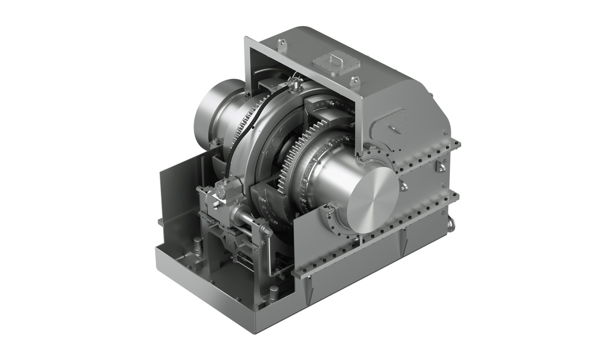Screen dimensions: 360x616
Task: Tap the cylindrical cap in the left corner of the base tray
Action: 198,245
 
